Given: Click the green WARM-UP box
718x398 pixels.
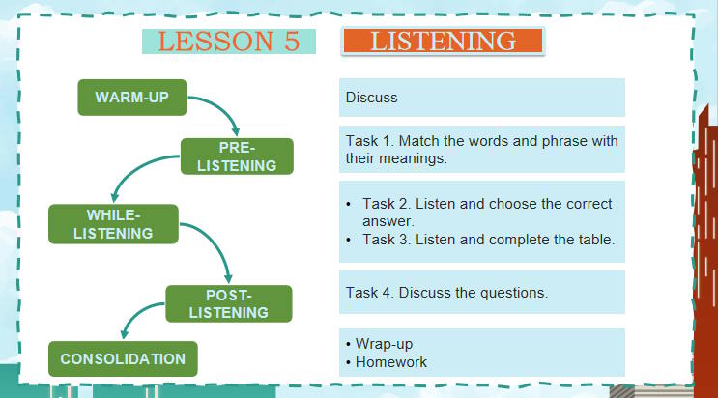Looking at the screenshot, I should coord(131,98).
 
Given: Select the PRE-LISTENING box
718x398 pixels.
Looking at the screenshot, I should coord(237,156).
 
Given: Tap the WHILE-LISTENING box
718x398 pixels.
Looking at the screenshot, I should coord(114,223).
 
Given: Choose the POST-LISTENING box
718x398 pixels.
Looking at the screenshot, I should coord(229,303).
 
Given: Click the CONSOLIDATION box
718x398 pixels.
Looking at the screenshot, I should coord(123,358).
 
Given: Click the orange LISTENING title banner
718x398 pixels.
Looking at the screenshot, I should coord(444,41).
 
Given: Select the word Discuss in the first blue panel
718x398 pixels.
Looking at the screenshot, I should coord(371,98).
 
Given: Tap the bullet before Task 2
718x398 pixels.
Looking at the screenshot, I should coord(348,204).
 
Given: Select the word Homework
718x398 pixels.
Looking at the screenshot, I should coord(390,362).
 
